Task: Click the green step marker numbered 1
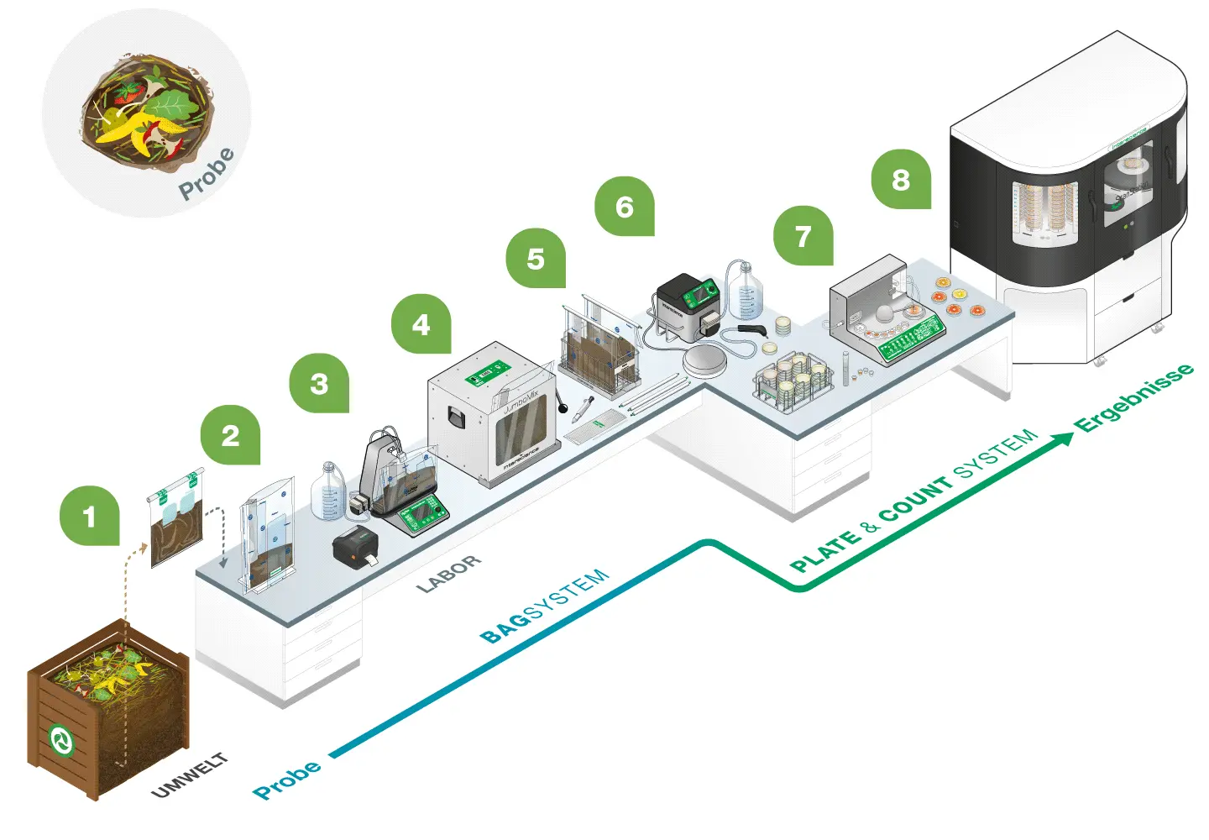(90, 516)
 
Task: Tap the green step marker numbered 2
(230, 435)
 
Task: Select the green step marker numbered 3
(319, 384)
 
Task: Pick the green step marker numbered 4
(421, 324)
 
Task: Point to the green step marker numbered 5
(536, 259)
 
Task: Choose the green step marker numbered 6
(625, 207)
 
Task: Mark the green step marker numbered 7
(803, 236)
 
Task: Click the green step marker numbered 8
(901, 179)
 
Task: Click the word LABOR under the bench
(449, 574)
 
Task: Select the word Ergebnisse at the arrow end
(1135, 397)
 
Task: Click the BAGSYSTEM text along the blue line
(544, 606)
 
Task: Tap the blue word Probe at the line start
(287, 779)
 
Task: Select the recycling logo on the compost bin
(61, 740)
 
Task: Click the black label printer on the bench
(355, 548)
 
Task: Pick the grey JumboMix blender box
(491, 412)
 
